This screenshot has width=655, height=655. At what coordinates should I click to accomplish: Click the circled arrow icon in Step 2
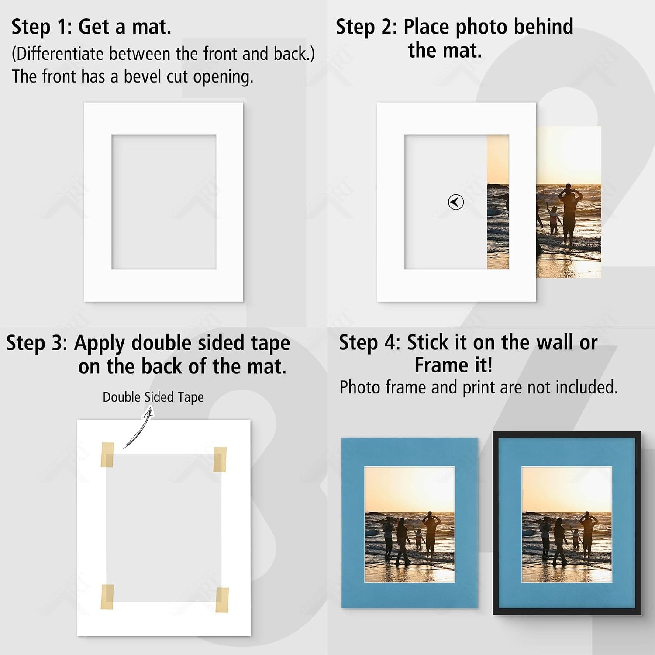click(456, 202)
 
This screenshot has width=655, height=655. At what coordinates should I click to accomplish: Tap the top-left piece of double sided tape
click(107, 455)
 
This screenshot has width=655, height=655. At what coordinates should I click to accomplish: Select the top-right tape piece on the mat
click(220, 459)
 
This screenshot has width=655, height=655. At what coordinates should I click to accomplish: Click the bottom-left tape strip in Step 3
click(107, 596)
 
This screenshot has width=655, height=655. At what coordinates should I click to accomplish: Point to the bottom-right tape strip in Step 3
click(222, 600)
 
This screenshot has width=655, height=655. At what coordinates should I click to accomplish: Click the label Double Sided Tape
click(153, 397)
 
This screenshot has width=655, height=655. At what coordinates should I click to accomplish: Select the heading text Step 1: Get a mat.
click(91, 27)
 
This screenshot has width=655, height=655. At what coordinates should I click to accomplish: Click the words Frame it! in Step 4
click(454, 365)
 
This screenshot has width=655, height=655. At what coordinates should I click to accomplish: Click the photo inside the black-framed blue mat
click(567, 525)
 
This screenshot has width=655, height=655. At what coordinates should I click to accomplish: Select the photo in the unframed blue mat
click(410, 524)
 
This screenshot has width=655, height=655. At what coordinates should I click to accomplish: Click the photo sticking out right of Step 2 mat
click(569, 202)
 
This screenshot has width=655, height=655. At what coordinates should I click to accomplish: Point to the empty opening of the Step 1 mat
click(164, 202)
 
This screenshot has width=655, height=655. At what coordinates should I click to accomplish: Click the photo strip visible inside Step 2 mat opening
click(498, 202)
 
